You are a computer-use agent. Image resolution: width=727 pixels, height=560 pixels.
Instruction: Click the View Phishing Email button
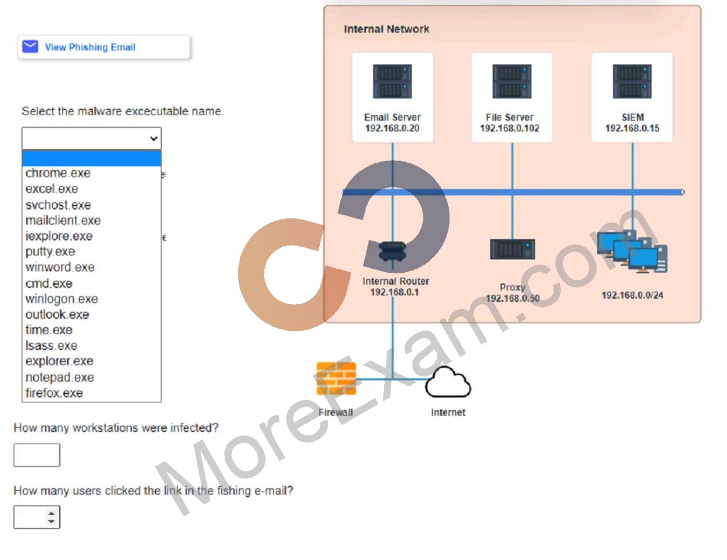(x=104, y=47)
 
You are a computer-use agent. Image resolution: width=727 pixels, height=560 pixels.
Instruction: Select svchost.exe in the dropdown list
(x=58, y=205)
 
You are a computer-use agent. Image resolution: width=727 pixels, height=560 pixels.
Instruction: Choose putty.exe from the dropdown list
(x=50, y=251)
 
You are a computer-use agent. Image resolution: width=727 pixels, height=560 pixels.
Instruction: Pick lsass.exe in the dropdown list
(x=51, y=345)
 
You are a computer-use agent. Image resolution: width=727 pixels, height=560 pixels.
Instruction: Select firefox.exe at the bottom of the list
(x=54, y=393)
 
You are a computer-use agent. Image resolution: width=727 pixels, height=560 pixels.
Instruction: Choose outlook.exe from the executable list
(x=57, y=314)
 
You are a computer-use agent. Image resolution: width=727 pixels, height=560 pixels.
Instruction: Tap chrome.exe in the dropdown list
(x=58, y=173)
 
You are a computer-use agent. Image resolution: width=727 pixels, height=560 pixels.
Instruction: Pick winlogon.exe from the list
(x=61, y=299)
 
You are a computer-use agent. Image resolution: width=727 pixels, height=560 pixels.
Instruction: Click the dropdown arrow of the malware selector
(x=154, y=138)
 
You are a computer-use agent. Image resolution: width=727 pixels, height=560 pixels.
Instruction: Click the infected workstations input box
(x=37, y=455)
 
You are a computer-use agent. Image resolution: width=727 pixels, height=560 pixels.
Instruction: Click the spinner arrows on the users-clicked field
(x=51, y=517)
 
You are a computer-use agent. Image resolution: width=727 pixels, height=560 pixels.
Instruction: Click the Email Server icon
(x=392, y=81)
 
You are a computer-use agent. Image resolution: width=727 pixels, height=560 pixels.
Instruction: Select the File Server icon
(x=512, y=81)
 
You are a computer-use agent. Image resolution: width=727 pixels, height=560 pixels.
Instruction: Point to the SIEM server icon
(x=632, y=81)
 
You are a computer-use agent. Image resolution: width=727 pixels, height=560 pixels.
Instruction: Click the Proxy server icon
(x=512, y=249)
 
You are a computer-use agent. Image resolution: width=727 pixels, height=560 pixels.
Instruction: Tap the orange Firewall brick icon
(x=336, y=379)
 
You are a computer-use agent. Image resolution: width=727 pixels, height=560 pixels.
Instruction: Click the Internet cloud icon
(x=448, y=382)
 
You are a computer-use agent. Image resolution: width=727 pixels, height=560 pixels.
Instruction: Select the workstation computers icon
(x=633, y=251)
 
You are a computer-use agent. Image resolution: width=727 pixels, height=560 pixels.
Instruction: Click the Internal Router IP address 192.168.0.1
(x=394, y=292)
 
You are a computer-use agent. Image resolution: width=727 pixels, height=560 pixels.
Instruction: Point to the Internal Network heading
(x=386, y=29)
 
